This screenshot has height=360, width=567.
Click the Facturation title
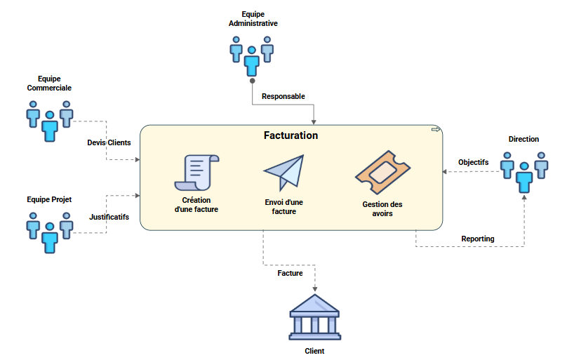click(291, 135)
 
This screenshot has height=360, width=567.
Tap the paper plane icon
click(285, 173)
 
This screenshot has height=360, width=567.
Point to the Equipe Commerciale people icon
click(49, 120)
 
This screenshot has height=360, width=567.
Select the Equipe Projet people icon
click(49, 232)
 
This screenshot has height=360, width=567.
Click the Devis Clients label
click(109, 142)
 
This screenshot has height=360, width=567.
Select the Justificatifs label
click(109, 217)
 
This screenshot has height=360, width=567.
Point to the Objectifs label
click(473, 162)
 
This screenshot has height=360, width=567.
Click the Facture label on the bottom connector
click(290, 273)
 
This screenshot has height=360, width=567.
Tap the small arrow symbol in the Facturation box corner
click(435, 130)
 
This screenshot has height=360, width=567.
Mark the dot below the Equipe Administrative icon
click(252, 81)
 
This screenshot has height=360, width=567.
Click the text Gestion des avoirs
click(382, 208)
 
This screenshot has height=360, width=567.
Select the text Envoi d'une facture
click(284, 206)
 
